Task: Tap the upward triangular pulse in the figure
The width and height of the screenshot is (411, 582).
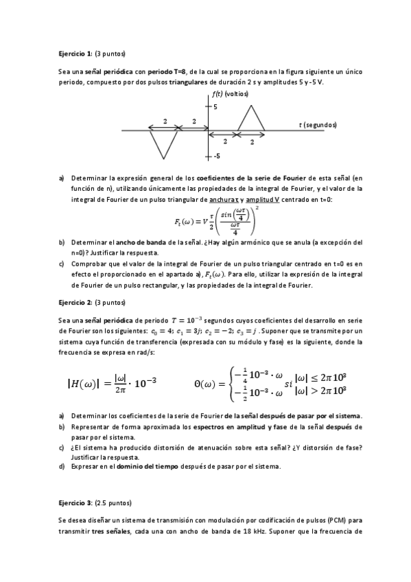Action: pos(252,119)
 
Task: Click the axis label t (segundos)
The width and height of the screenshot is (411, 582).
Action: pos(318,125)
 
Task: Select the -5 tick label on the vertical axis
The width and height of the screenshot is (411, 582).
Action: pos(215,156)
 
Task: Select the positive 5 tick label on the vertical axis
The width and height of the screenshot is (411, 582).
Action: pos(215,107)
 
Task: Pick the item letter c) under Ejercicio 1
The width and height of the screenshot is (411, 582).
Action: pos(62,262)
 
